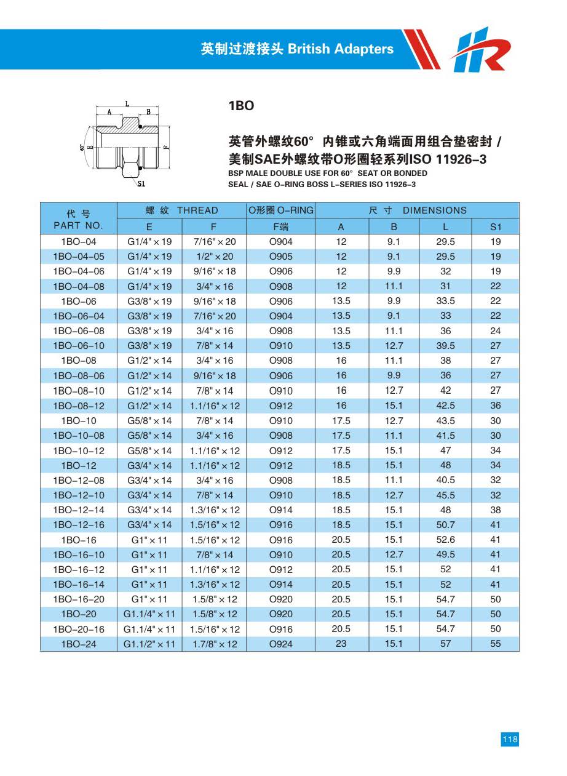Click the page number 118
click(510, 740)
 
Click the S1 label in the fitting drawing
click(141, 183)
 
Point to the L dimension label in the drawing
click(127, 104)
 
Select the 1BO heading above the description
click(241, 106)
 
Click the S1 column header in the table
click(496, 226)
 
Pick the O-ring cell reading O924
click(281, 644)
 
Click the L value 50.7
click(445, 525)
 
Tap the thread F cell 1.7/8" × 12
click(213, 644)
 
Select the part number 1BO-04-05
click(78, 256)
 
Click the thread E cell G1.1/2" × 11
click(149, 644)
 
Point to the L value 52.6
click(445, 540)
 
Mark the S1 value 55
click(496, 644)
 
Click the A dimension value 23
click(341, 644)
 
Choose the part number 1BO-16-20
click(78, 599)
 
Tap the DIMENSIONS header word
click(435, 210)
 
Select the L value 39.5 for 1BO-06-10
click(445, 346)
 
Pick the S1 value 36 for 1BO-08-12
click(496, 406)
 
